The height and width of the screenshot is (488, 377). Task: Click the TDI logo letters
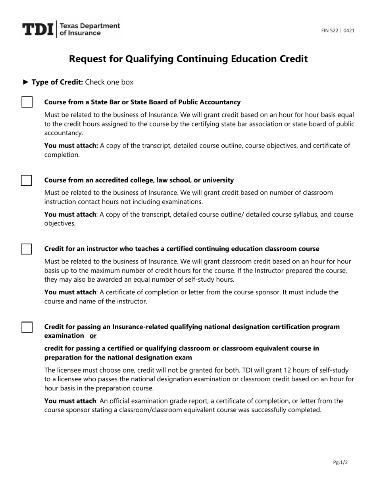pos(38,30)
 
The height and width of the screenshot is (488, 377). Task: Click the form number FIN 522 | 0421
pos(338,31)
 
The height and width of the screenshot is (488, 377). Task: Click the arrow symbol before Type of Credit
pos(26,82)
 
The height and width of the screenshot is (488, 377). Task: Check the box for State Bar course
pos(27,102)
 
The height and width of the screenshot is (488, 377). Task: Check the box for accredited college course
pos(27,180)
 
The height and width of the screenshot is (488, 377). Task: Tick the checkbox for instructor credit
pos(27,249)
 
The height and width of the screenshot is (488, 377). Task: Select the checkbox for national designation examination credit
pos(27,327)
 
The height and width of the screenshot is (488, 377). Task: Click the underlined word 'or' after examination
pos(93,336)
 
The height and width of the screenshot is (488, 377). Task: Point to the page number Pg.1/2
pos(340,462)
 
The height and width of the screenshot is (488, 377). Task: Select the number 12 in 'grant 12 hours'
pos(291,370)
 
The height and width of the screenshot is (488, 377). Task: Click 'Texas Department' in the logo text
pos(89,26)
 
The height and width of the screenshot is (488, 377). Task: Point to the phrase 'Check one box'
pos(109,82)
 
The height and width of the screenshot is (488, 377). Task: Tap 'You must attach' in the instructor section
pos(70,292)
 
